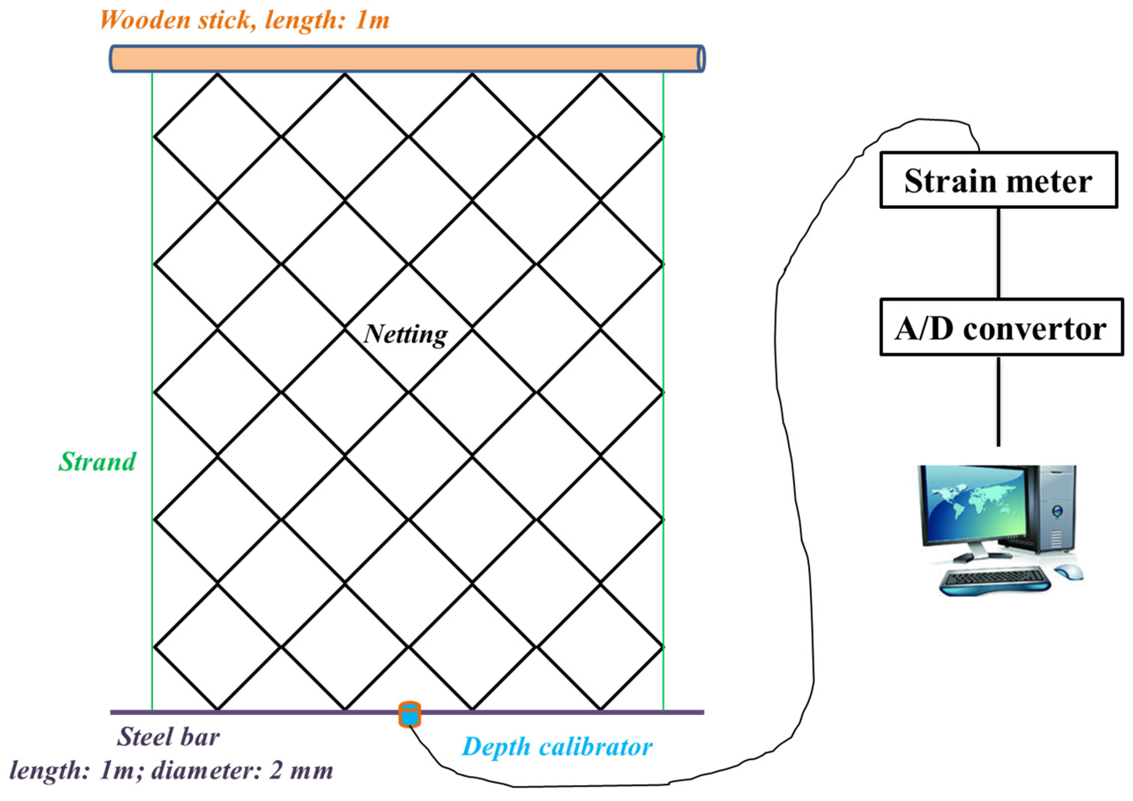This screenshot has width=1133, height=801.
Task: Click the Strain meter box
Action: [998, 180]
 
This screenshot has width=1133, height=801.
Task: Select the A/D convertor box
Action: [1001, 327]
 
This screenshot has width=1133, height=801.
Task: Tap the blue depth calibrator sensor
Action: [410, 715]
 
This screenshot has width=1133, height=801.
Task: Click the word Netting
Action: [406, 335]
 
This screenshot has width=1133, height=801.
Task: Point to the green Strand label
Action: [97, 462]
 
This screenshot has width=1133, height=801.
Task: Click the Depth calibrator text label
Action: [557, 747]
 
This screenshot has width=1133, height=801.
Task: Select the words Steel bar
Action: [168, 737]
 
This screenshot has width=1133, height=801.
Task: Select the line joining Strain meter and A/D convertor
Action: [999, 253]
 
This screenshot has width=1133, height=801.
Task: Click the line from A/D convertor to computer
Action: [999, 401]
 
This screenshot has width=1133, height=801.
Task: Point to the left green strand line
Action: [152, 395]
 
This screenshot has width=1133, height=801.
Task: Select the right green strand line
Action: [663, 395]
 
